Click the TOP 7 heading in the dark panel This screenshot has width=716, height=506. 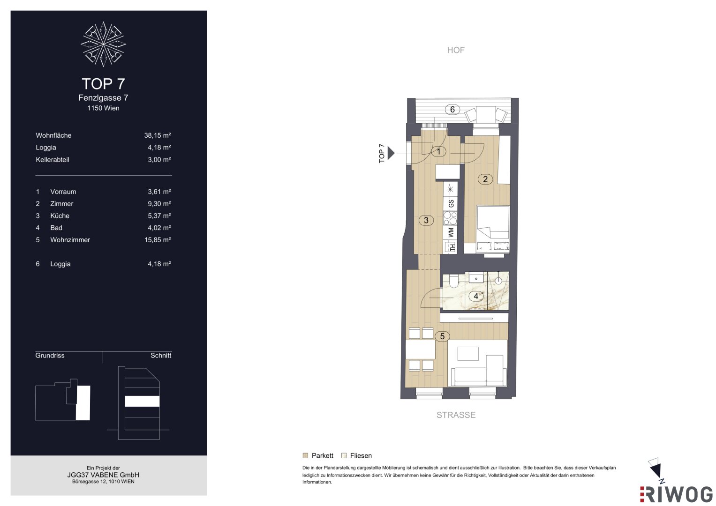pyautogui.click(x=103, y=84)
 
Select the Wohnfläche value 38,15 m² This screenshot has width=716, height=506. pyautogui.click(x=157, y=135)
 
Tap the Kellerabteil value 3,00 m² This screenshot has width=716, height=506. pyautogui.click(x=159, y=160)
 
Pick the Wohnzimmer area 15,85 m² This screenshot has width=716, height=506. pyautogui.click(x=158, y=240)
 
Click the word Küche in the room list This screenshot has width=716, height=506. pyautogui.click(x=60, y=216)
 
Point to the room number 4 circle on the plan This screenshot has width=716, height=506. pyautogui.click(x=476, y=296)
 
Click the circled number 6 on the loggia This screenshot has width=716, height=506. pyautogui.click(x=452, y=110)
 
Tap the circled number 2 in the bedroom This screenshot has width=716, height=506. pyautogui.click(x=485, y=179)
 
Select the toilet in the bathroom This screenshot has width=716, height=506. pyautogui.click(x=454, y=281)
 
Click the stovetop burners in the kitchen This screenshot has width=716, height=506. pyautogui.click(x=450, y=218)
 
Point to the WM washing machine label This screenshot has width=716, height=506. pyautogui.click(x=451, y=232)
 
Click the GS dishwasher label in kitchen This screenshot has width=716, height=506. pyautogui.click(x=451, y=203)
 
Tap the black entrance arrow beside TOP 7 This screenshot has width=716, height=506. pyautogui.click(x=391, y=153)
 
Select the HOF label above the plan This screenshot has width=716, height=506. pyautogui.click(x=456, y=50)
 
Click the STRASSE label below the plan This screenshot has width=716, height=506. pyautogui.click(x=456, y=415)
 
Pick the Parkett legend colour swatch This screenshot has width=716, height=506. pyautogui.click(x=305, y=455)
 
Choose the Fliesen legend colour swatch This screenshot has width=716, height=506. pyautogui.click(x=344, y=455)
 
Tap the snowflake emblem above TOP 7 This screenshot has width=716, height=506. pyautogui.click(x=103, y=44)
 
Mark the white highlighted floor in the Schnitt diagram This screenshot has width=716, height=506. pyautogui.click(x=142, y=401)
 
